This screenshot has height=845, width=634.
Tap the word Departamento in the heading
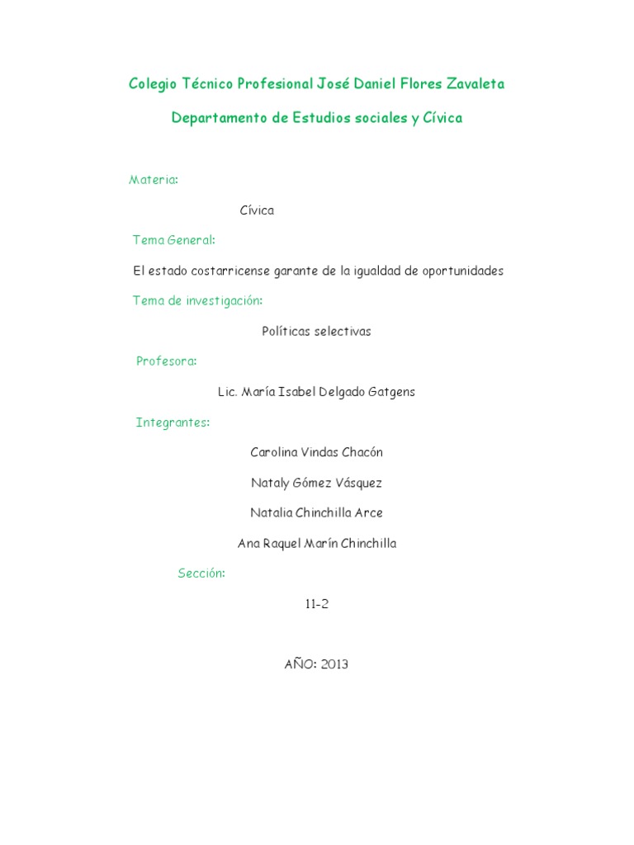(x=218, y=118)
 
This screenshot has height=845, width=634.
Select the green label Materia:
(x=154, y=180)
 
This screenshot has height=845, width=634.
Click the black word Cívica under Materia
(x=257, y=210)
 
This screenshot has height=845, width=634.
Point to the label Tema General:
(x=174, y=240)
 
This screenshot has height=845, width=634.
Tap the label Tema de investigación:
(x=198, y=300)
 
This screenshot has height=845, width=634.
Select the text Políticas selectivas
(x=316, y=331)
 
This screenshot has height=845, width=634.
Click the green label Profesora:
(x=167, y=361)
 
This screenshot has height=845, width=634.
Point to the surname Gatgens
(x=390, y=392)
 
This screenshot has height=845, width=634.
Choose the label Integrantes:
(x=173, y=422)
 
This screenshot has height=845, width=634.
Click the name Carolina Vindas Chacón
(x=316, y=452)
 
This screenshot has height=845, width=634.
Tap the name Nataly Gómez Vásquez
(x=316, y=483)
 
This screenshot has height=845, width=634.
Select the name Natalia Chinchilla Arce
(x=316, y=513)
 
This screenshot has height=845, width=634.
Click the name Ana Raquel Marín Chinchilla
(x=316, y=544)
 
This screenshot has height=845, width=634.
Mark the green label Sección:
(x=201, y=574)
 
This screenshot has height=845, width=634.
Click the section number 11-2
(x=316, y=604)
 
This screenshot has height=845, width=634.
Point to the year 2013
(x=334, y=664)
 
